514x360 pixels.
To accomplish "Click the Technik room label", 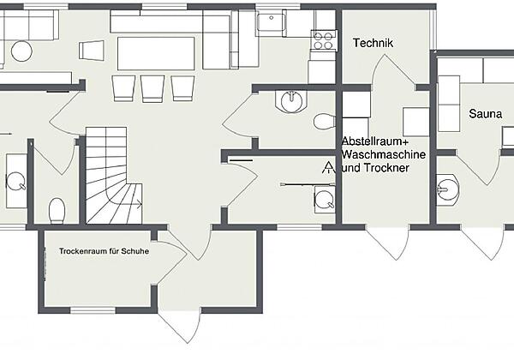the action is tap(373, 43).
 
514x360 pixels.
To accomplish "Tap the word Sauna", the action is tap(485, 114).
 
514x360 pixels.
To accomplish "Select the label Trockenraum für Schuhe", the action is tap(104, 251).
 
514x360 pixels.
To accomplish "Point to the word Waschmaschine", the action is tap(384, 154).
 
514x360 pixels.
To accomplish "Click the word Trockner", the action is tap(387, 168).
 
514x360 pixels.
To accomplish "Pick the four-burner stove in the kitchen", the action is tap(324, 40).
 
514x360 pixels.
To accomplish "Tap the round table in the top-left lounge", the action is tap(21, 51).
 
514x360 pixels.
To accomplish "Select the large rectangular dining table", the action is tap(156, 53).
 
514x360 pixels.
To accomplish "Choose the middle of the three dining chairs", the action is tap(152, 88).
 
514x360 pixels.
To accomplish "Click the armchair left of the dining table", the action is tap(92, 51).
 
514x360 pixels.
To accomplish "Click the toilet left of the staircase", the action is tap(57, 211).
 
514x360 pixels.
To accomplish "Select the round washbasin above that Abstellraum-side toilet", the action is tap(291, 100).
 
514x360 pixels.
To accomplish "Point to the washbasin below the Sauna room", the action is tap(447, 190).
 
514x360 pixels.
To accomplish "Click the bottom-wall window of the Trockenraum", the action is tap(93, 310).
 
